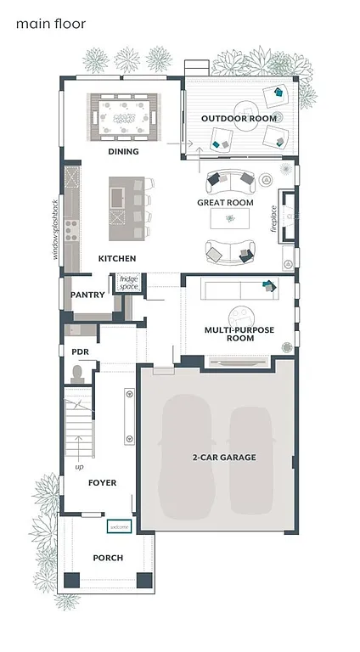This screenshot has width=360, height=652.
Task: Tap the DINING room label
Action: [124, 152]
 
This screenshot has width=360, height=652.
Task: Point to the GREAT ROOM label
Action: [225, 203]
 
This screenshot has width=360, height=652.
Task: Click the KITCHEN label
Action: [117, 258]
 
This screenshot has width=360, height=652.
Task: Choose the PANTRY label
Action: [87, 295]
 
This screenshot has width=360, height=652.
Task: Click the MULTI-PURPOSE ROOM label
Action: [229, 333]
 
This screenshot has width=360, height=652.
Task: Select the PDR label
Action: [81, 351]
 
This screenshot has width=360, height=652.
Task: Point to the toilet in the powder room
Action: [77, 373]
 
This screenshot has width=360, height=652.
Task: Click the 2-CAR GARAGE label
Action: [224, 458]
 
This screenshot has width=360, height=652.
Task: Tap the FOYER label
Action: [102, 482]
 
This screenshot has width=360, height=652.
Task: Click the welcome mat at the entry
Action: [119, 527]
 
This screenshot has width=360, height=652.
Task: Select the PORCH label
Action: [108, 558]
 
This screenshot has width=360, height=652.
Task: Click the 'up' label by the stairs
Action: [80, 467]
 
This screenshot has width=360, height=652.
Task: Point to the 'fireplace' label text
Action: [274, 218]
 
